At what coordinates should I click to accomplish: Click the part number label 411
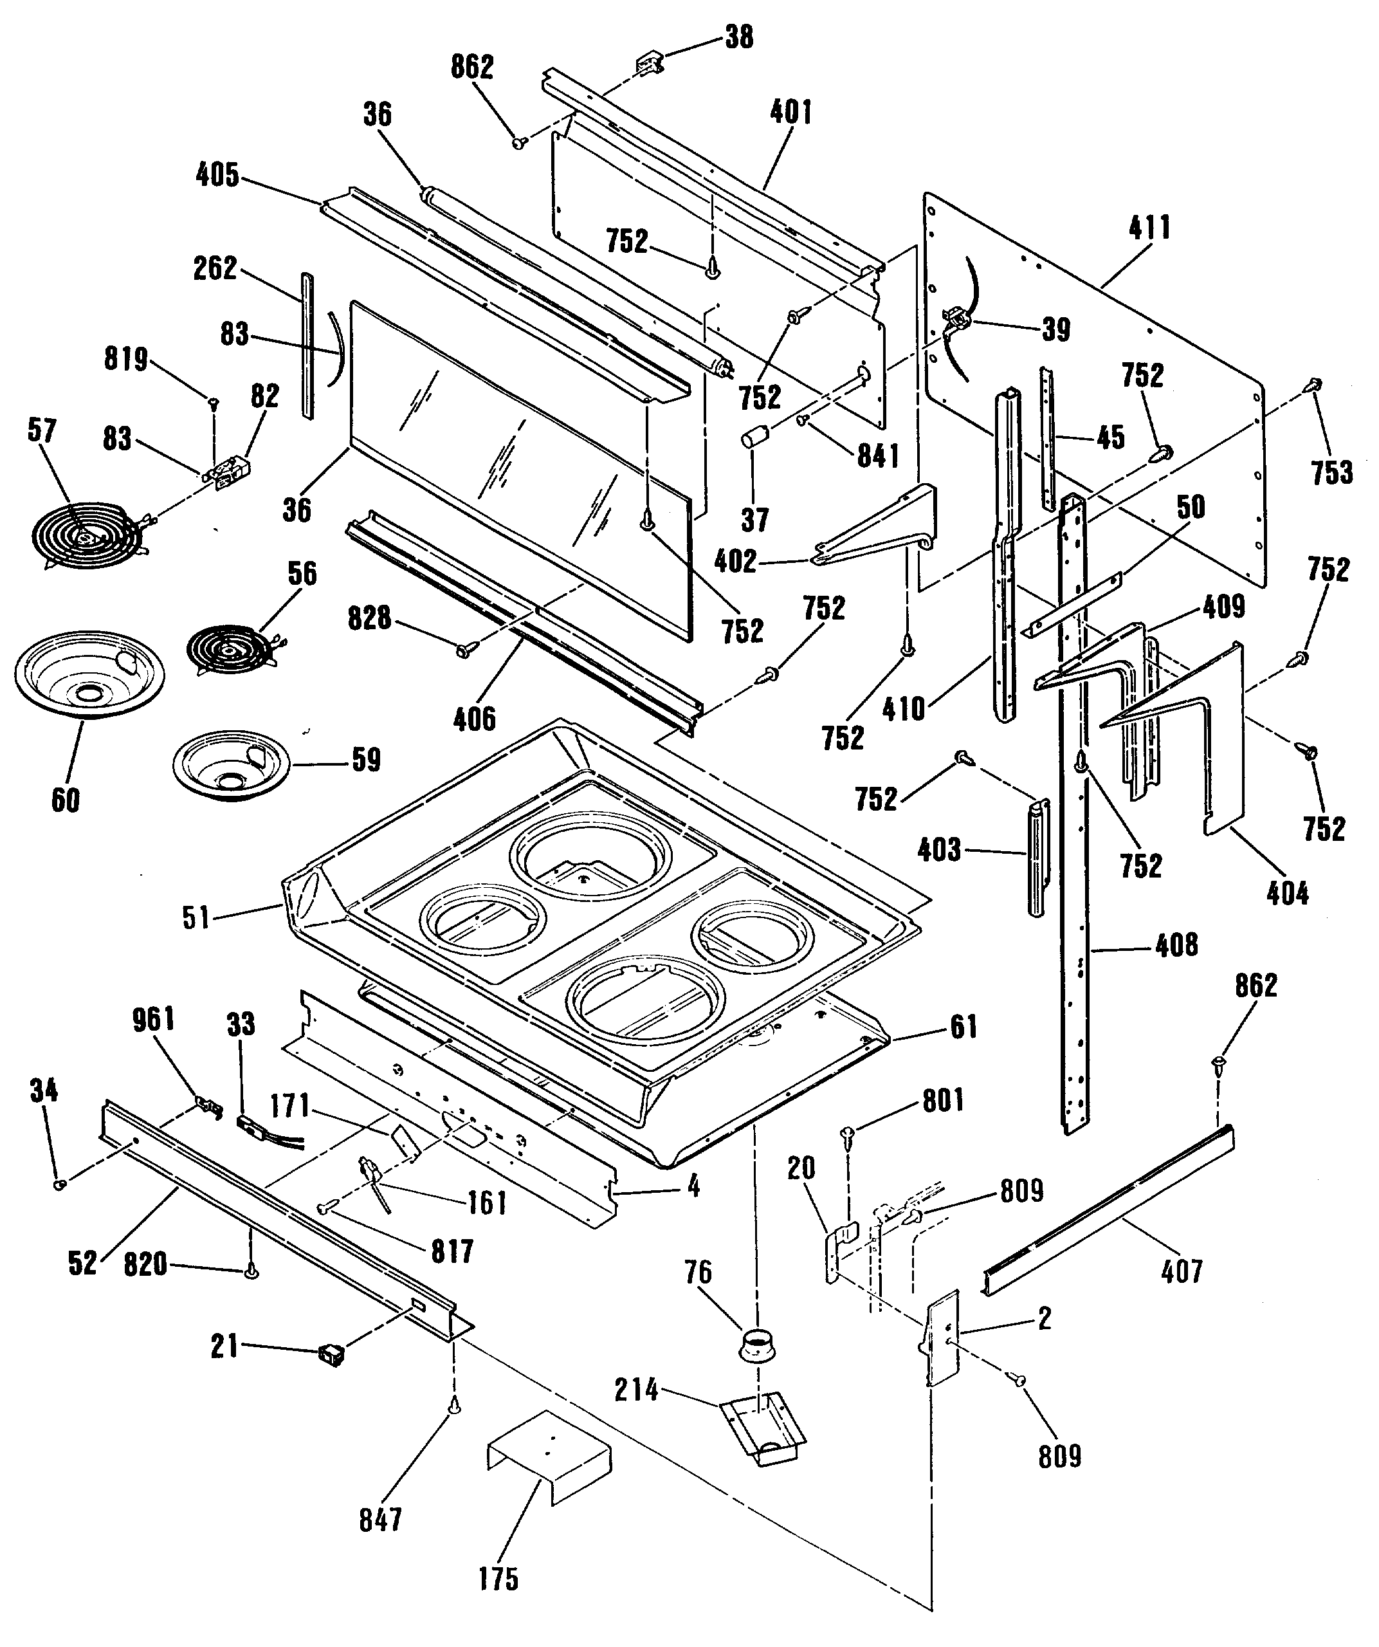pos(1149,228)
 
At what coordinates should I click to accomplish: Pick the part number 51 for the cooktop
pos(196,917)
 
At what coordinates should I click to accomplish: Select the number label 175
pos(498,1579)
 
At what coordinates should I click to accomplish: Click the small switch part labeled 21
pos(332,1354)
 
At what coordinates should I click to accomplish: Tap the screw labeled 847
pos(455,1408)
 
